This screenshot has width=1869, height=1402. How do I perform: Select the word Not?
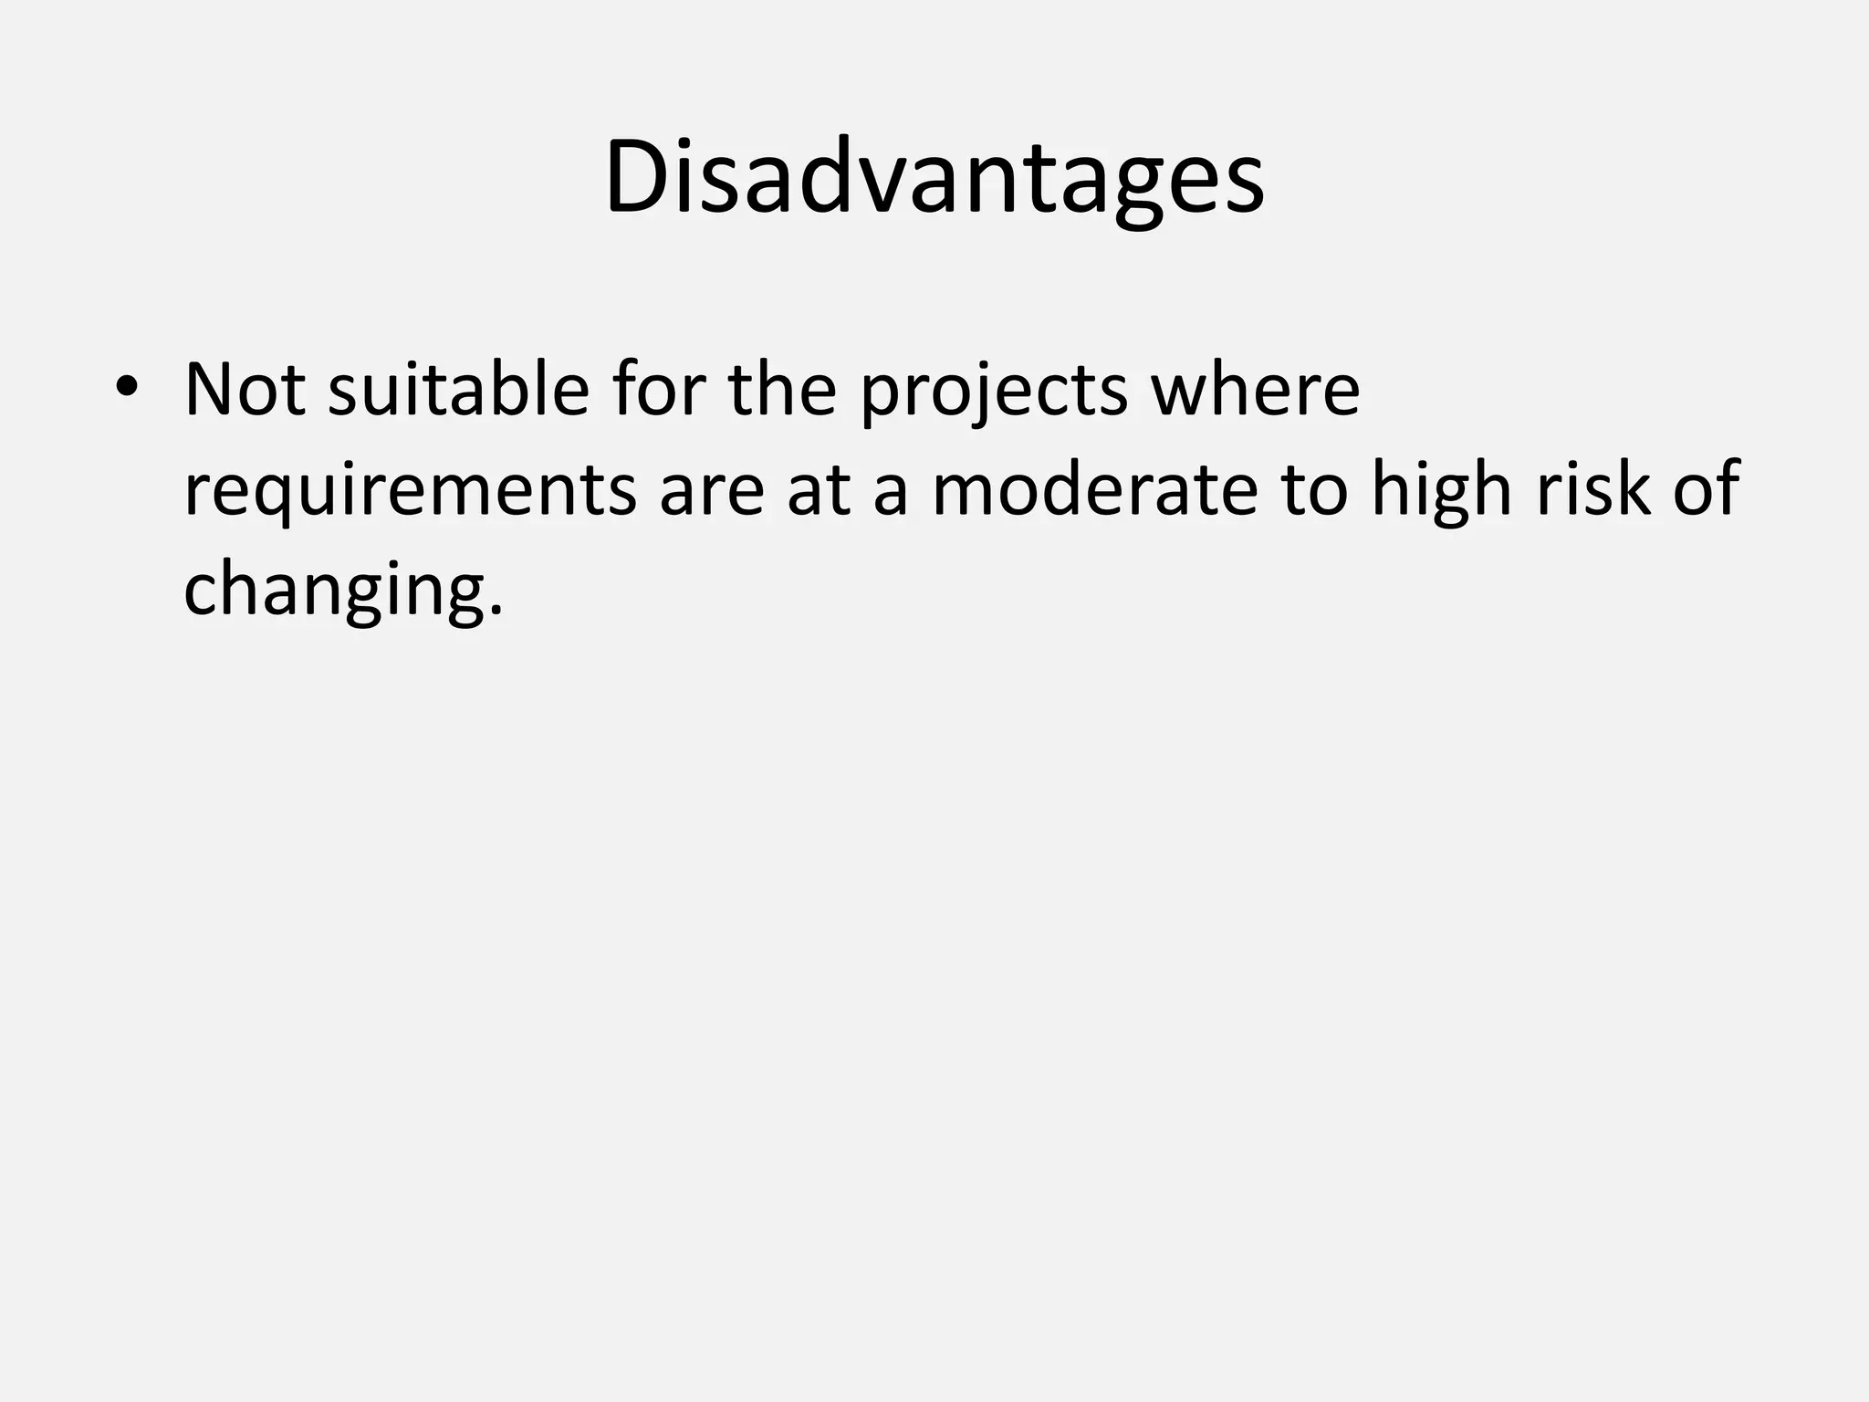click(245, 390)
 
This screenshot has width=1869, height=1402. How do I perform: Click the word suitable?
click(458, 390)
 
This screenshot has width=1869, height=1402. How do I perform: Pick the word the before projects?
click(782, 390)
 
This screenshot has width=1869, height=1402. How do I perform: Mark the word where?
click(1255, 390)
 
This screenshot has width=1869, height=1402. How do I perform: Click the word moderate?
click(1094, 489)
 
